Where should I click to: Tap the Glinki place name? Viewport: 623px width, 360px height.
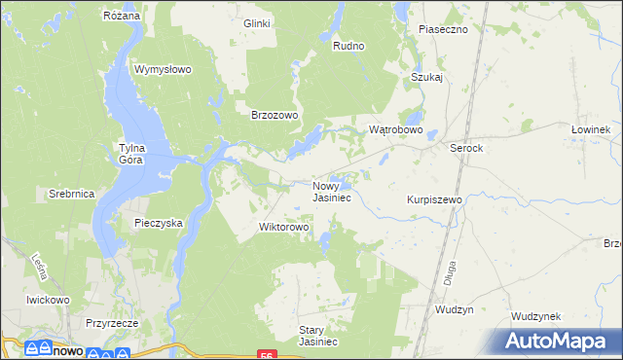click(x=257, y=23)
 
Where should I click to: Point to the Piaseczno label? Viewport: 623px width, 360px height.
click(x=443, y=29)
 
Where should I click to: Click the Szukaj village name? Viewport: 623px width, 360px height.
click(x=427, y=77)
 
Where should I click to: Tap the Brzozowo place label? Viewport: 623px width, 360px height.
click(x=275, y=114)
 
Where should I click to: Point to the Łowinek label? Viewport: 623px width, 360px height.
click(x=590, y=129)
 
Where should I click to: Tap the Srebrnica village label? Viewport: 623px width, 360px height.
click(x=71, y=194)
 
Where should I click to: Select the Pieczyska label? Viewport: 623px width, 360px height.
click(x=159, y=223)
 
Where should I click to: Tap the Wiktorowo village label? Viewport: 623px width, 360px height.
click(x=283, y=228)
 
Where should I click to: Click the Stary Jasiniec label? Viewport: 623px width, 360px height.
click(x=317, y=336)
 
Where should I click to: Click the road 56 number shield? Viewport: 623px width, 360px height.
click(x=266, y=355)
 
